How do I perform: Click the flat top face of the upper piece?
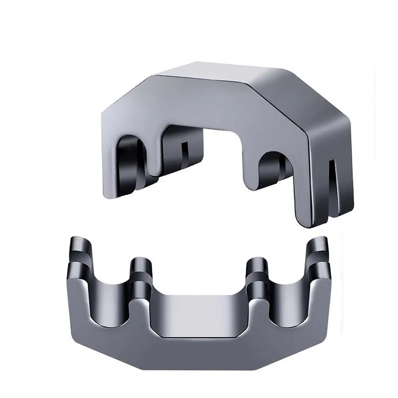223,74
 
